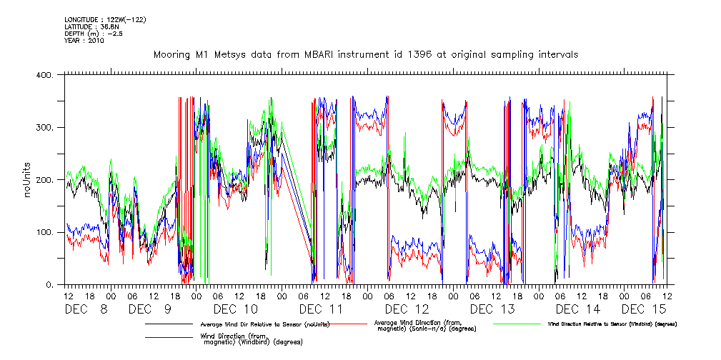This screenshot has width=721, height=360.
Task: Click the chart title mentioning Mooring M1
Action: (366, 54)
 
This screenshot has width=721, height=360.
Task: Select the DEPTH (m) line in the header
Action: (94, 34)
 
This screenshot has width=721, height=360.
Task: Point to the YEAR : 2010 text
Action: (84, 41)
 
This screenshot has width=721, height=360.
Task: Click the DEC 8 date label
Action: (86, 309)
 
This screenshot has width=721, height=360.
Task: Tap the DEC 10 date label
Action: (235, 309)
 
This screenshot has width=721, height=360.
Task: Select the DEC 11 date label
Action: (322, 309)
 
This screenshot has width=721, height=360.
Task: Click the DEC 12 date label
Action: (407, 309)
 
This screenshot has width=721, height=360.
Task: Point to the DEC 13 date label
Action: (492, 309)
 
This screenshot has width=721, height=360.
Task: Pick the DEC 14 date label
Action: (578, 309)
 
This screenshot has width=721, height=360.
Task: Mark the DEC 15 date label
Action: (644, 309)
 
